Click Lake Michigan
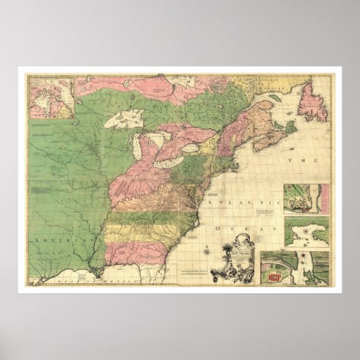(141, 148)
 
